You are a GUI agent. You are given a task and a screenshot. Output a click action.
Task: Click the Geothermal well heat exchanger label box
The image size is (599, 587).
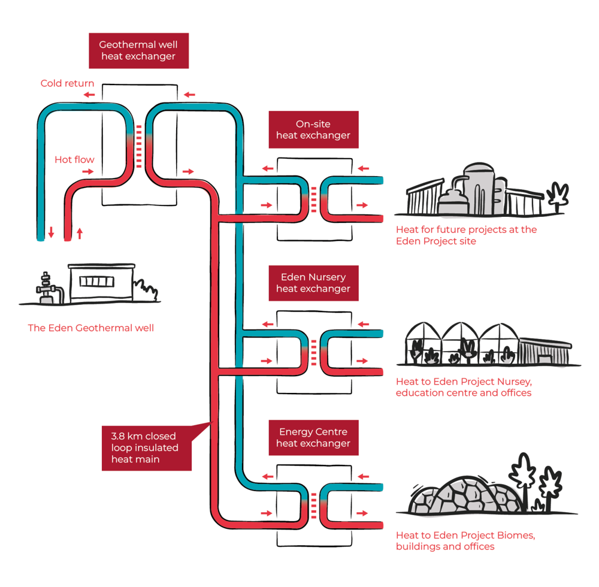coord(138,50)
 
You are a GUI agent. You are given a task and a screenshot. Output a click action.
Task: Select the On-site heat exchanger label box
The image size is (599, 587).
coord(313,129)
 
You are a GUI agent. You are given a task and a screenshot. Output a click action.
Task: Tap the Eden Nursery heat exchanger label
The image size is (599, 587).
coord(313,283)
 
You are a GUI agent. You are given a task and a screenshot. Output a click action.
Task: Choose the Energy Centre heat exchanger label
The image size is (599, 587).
coord(313,437)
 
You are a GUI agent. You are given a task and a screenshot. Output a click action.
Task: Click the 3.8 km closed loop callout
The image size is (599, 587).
coord(146,447)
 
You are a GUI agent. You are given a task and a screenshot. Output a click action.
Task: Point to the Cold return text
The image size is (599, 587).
coord(68,83)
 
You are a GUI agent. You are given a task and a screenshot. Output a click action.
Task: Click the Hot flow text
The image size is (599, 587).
coord(74,159)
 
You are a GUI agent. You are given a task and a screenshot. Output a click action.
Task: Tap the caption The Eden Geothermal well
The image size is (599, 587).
coord(90,328)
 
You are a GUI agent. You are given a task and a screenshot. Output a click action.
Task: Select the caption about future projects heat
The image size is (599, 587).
coord(466,235)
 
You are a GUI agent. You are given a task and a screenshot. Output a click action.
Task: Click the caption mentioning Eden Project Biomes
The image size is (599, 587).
coord(465,541)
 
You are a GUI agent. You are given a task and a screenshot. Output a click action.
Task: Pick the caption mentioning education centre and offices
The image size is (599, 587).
coord(464,387)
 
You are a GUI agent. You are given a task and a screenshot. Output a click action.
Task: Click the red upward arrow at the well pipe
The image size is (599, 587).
coord(79,233)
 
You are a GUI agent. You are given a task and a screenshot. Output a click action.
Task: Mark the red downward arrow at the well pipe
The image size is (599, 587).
coord(52,232)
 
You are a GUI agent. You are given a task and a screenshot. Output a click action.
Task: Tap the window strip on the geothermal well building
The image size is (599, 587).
coord(96,282)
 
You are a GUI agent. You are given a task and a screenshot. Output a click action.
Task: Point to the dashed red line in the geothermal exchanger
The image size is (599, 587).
coord(139,146)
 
